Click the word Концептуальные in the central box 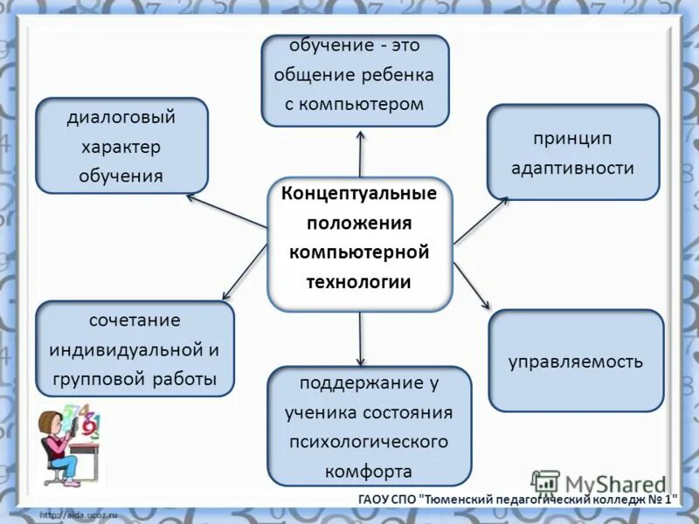point(358,192)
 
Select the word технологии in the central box point(358,281)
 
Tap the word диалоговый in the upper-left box point(121,117)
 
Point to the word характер point(121,146)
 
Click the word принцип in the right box point(572,139)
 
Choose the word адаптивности point(572,168)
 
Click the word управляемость point(576,361)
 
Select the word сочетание point(135,321)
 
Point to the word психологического point(369,442)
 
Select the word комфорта point(369,472)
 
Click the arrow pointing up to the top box point(360,153)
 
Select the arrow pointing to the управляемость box point(473,285)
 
